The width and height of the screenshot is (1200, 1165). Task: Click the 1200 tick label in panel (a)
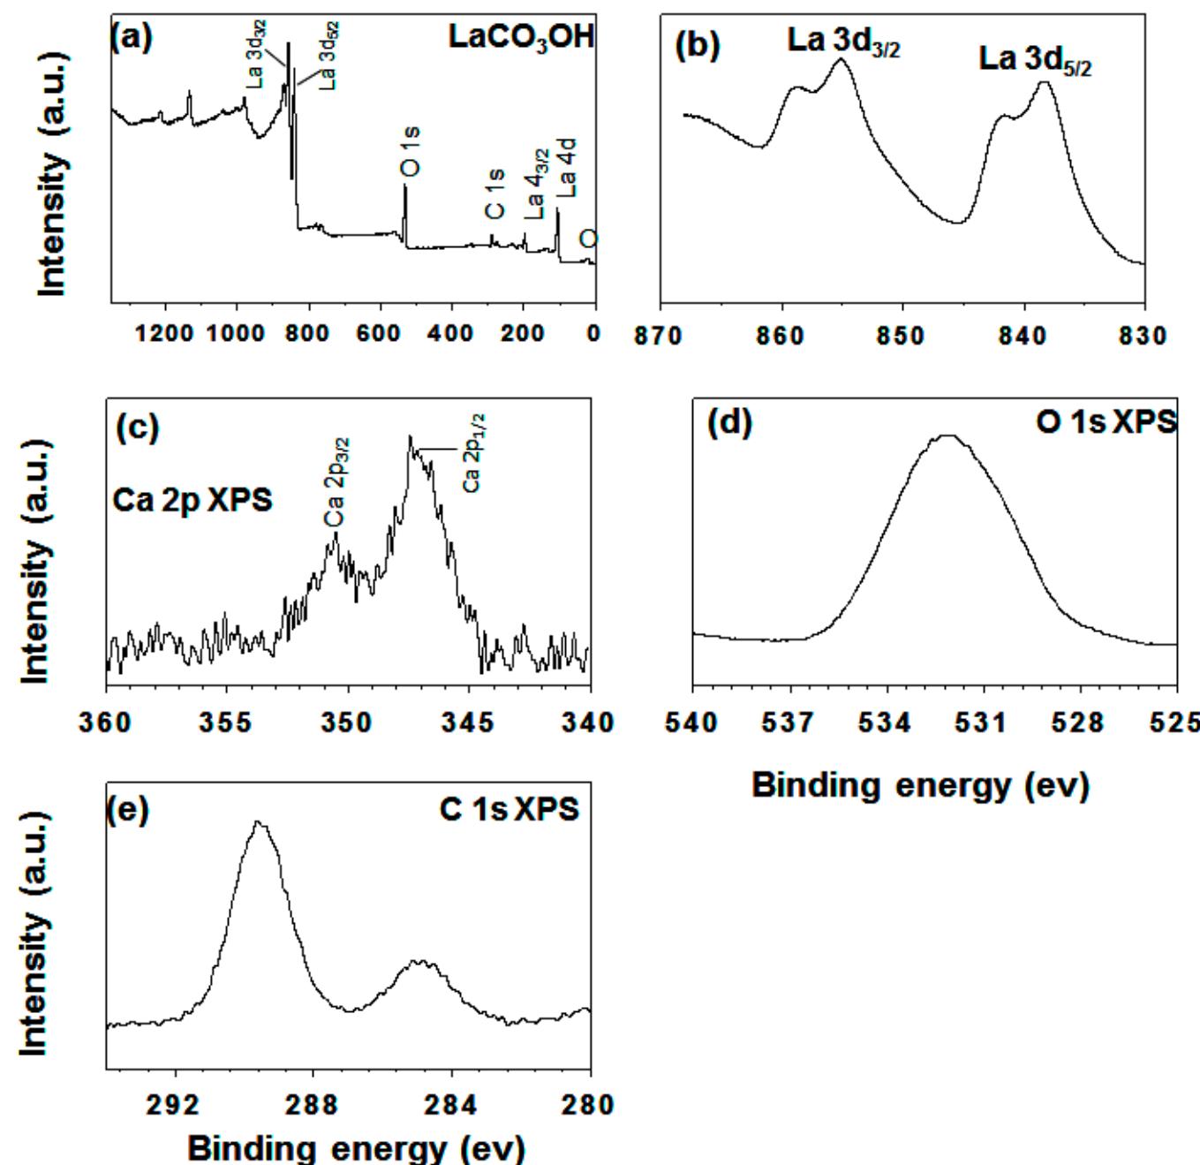click(x=165, y=334)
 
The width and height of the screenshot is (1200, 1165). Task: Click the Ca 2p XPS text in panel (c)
click(x=192, y=501)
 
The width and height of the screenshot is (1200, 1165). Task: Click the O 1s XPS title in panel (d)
click(x=1106, y=423)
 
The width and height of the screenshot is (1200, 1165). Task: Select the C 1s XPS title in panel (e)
click(x=509, y=808)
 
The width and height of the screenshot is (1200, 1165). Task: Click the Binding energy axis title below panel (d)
click(x=920, y=784)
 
